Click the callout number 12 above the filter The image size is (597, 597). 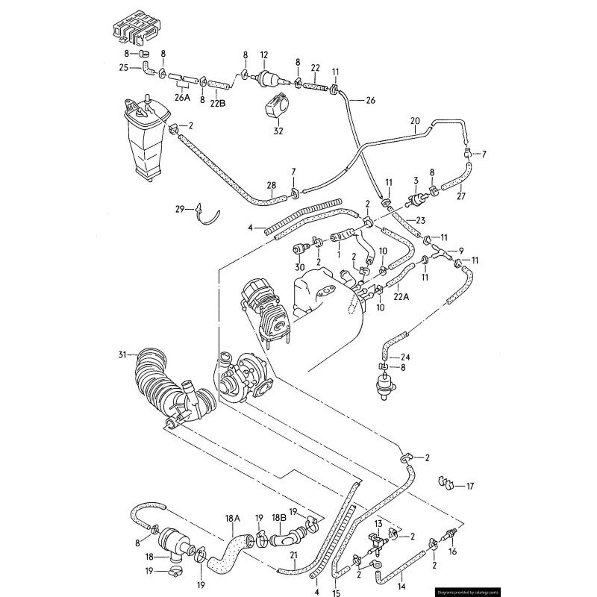click(x=263, y=55)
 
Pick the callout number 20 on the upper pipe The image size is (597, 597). click(x=416, y=120)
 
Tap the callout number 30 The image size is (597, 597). click(x=299, y=266)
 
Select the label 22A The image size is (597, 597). click(x=401, y=296)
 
